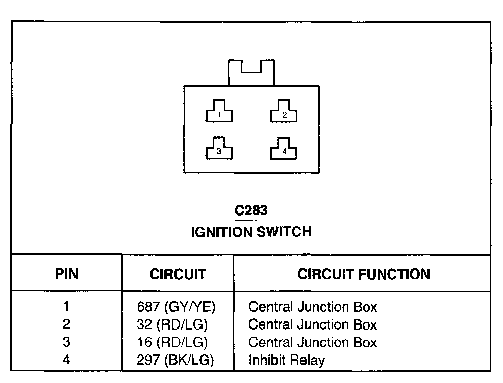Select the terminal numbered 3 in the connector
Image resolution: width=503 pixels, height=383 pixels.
click(x=219, y=149)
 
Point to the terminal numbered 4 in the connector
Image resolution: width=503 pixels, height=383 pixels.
click(x=284, y=149)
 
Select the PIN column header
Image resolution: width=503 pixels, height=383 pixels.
click(x=66, y=275)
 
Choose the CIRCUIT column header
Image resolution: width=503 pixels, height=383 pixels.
click(x=178, y=275)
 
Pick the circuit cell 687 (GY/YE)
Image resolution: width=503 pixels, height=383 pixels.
click(x=177, y=307)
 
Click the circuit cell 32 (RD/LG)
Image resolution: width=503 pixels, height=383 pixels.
click(x=172, y=324)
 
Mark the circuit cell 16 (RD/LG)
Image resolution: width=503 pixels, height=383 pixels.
click(x=172, y=342)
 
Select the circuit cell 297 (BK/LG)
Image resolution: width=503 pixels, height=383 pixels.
click(x=175, y=360)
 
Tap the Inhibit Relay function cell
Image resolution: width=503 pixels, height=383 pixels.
click(x=287, y=360)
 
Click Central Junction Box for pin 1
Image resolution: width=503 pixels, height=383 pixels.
click(x=313, y=307)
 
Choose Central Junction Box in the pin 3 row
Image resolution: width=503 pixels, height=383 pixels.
click(x=313, y=342)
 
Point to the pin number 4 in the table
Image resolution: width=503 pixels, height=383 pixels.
click(x=66, y=360)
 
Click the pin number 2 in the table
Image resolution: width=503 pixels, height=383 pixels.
click(x=66, y=324)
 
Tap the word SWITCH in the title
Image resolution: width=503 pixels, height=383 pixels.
click(x=283, y=232)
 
